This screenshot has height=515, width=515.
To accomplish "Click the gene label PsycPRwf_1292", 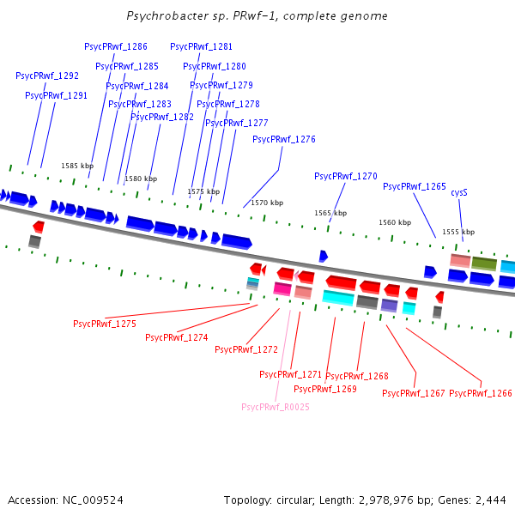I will (47, 76).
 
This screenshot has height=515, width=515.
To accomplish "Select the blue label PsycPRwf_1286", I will (116, 46).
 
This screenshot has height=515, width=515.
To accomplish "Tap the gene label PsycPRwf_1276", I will (284, 139).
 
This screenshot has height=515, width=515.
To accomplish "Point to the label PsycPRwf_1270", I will (346, 176).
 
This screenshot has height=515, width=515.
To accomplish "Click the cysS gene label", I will (459, 193).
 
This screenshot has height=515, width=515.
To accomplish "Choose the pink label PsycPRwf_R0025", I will (276, 407).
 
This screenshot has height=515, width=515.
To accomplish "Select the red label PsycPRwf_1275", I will (105, 324).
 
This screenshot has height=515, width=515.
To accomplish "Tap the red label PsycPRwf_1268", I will (357, 376).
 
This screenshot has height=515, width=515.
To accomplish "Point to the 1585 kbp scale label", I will (76, 166).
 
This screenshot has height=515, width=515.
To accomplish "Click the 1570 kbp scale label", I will (267, 203).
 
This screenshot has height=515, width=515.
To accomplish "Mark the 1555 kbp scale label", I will (458, 232).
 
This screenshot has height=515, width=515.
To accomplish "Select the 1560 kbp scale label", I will (395, 222).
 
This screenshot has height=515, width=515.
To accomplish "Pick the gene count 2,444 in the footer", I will (490, 500).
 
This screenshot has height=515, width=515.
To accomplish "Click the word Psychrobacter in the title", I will (160, 16).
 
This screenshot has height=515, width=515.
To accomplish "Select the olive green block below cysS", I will (484, 264).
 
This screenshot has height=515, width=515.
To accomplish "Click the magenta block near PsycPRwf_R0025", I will (282, 288).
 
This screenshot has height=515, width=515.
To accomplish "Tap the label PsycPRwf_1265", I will (415, 186).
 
